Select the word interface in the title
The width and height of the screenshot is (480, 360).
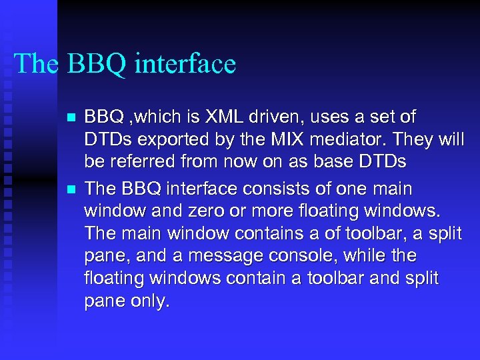tap(185, 63)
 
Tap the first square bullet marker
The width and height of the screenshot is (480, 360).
tap(71, 119)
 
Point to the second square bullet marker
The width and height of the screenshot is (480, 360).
tap(71, 190)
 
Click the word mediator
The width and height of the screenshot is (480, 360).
tap(347, 140)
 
